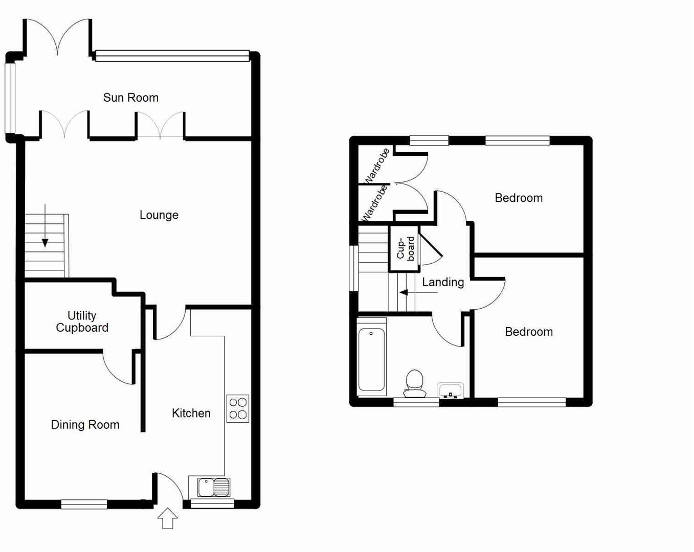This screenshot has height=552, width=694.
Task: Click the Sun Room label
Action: (x=130, y=97)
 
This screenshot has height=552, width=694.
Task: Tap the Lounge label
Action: (x=159, y=215)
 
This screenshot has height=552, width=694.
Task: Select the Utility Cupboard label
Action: (x=82, y=321)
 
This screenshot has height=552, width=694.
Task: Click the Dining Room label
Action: (x=85, y=424)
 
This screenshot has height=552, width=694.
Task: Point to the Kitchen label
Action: (x=191, y=413)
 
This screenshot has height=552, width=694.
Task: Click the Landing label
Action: (x=443, y=282)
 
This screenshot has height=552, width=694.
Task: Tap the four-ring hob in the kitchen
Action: (x=238, y=408)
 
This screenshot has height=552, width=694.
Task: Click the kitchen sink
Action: (x=214, y=487)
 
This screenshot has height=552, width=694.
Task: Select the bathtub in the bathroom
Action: (x=371, y=357)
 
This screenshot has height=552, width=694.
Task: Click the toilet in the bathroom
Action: (x=414, y=383)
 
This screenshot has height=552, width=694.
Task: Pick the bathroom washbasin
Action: (x=450, y=390)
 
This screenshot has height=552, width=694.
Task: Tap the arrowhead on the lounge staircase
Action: (x=45, y=243)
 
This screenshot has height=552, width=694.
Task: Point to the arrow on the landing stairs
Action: (x=418, y=292)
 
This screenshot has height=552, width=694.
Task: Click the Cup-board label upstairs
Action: (x=406, y=248)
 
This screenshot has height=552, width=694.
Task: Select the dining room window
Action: (x=84, y=504)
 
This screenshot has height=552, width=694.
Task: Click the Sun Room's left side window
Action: (x=10, y=98)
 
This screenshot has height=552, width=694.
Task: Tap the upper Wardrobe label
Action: (x=377, y=166)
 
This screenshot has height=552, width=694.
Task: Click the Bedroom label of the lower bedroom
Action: (x=529, y=332)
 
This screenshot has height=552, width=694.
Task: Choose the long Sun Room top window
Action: (x=172, y=56)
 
